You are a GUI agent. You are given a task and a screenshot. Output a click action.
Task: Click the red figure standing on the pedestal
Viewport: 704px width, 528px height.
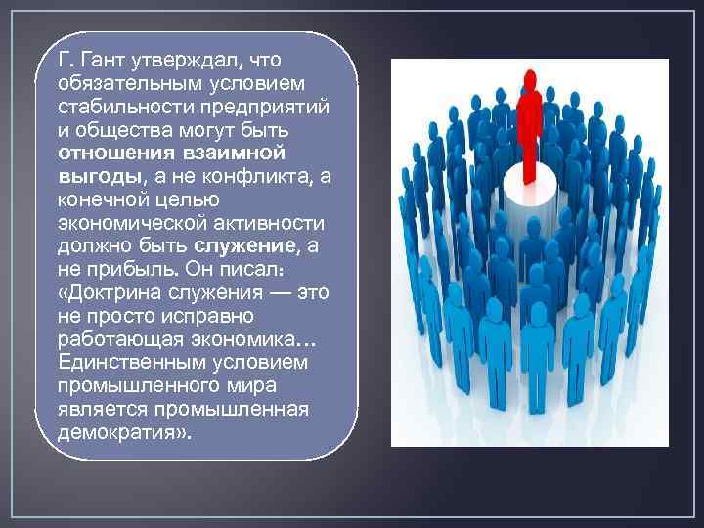(x=530, y=127)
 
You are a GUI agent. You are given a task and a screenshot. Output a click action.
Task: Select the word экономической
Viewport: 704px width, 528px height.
(x=123, y=223)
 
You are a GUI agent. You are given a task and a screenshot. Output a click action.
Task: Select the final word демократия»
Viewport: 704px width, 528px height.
(x=120, y=431)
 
